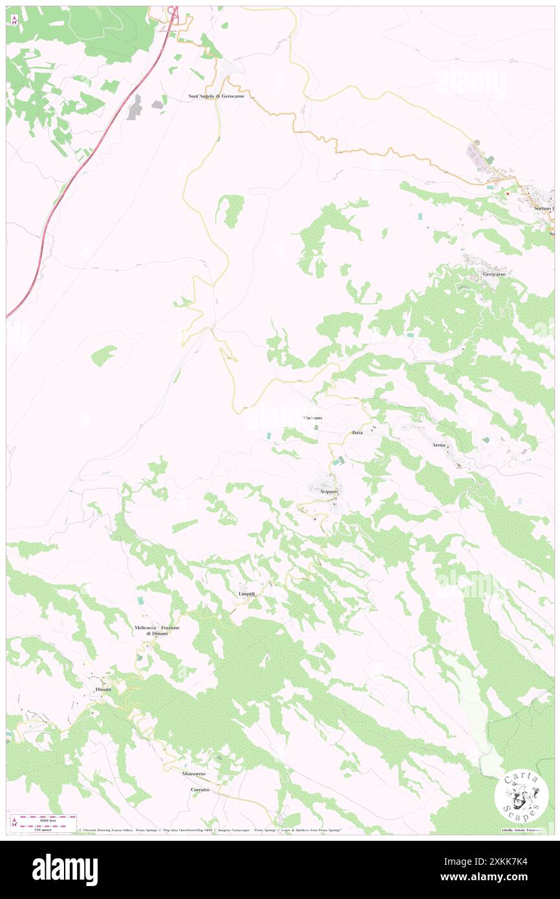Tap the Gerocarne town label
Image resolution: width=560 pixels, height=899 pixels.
pos(494,274)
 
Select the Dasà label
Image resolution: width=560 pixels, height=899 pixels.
pos(358,431)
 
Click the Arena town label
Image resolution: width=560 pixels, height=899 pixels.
pos(439,446)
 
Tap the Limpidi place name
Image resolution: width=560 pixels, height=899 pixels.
pos(246,593)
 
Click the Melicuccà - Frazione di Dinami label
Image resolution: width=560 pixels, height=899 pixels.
pos(156,631)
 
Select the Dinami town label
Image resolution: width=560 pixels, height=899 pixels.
pos(103,689)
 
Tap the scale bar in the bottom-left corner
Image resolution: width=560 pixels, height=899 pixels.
pos(43,820)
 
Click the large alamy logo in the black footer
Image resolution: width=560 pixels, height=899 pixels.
pos(65,869)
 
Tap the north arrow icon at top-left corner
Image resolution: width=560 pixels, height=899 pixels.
pos(14,19)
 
